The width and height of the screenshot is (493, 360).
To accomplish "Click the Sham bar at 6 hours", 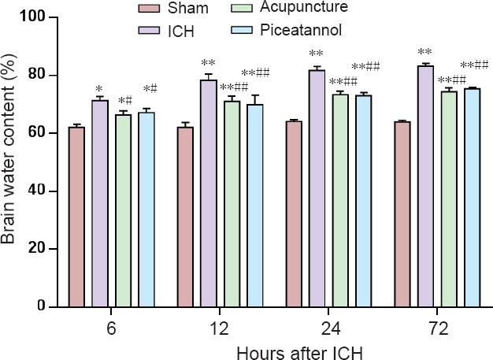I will click(76, 217).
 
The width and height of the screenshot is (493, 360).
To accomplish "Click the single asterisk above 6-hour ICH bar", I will click(100, 89).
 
